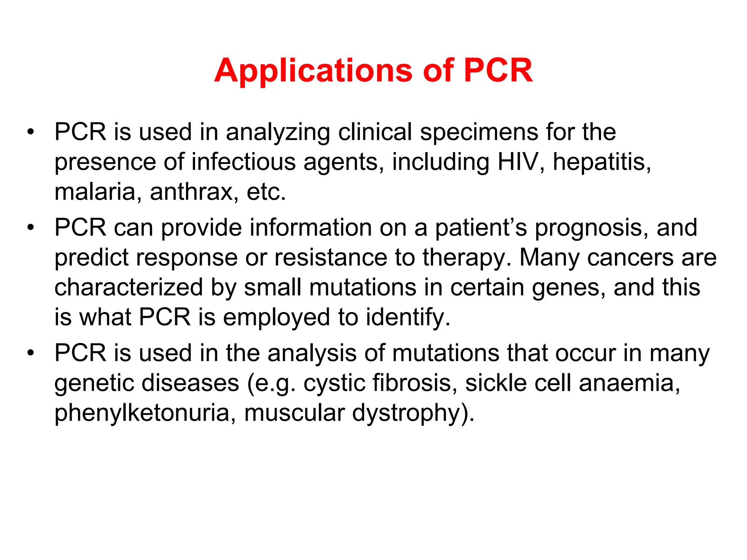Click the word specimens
coord(479,132)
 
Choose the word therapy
coord(467,258)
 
